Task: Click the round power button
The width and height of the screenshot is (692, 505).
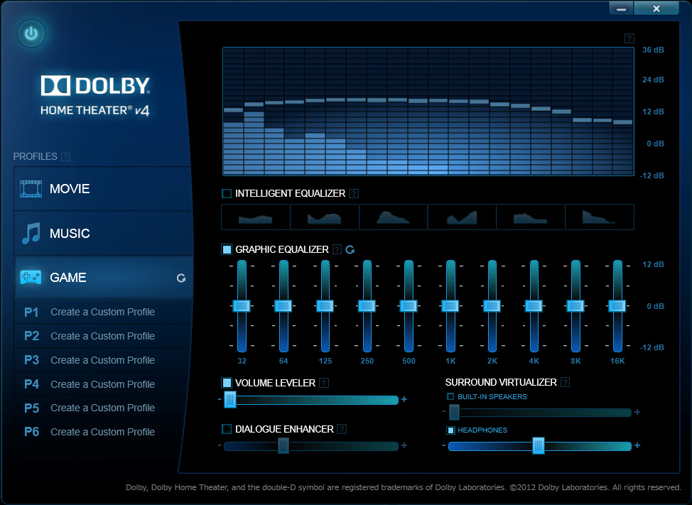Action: pyautogui.click(x=31, y=33)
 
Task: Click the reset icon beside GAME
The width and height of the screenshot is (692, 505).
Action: pyautogui.click(x=181, y=278)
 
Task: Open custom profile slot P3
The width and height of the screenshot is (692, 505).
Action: pyautogui.click(x=102, y=360)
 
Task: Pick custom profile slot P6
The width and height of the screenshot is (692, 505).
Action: pyautogui.click(x=102, y=432)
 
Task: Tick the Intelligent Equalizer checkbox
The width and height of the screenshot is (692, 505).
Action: pyautogui.click(x=227, y=193)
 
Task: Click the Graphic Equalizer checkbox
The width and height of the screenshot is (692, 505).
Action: pyautogui.click(x=227, y=249)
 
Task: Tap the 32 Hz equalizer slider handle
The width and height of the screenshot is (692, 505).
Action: pyautogui.click(x=242, y=306)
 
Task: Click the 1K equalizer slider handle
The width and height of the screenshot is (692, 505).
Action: pyautogui.click(x=450, y=306)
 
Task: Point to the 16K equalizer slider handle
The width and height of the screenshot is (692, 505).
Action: pyautogui.click(x=617, y=306)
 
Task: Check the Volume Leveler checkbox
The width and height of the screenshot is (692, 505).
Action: pyautogui.click(x=227, y=383)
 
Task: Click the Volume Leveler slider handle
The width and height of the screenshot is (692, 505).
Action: pyautogui.click(x=230, y=400)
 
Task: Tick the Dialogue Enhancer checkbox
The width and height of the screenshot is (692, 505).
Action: pyautogui.click(x=227, y=429)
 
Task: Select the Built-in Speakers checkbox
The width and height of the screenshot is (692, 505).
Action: pyautogui.click(x=450, y=396)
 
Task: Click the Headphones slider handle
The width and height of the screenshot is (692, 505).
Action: pyautogui.click(x=539, y=446)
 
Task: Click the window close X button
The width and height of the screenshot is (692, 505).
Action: pyautogui.click(x=656, y=9)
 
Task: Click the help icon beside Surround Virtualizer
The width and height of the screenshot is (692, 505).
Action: pyautogui.click(x=566, y=382)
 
